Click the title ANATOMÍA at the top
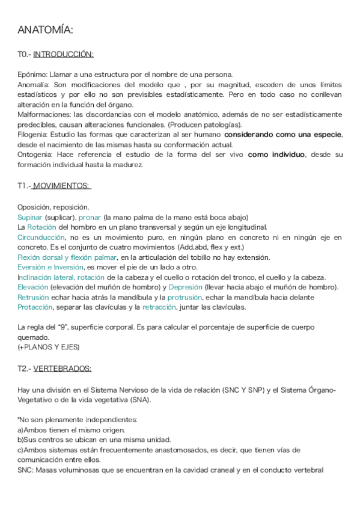coord(46,30)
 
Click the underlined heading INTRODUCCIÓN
coord(63,55)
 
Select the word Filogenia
coord(32,134)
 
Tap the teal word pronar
coord(90,217)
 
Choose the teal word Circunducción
coord(41,237)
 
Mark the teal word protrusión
coord(185,297)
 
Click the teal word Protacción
coord(35,307)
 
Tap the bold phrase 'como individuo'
coord(275,155)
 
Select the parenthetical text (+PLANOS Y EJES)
coord(49,348)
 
